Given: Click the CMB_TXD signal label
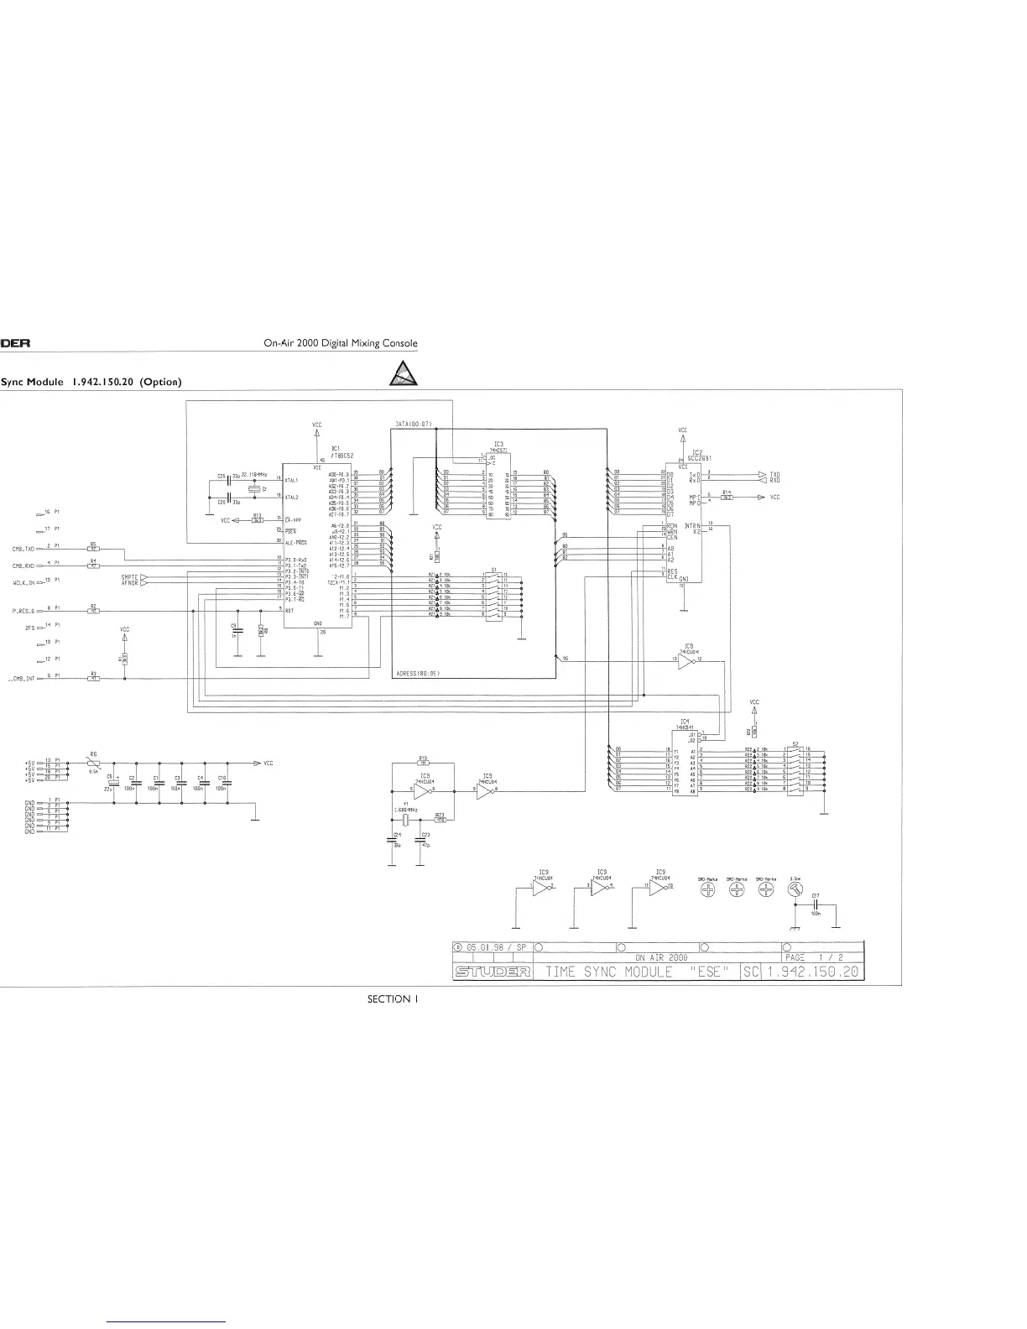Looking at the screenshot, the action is [x=23, y=549].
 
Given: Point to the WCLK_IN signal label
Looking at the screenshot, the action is [x=23, y=581].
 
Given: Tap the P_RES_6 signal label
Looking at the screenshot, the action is [x=23, y=611].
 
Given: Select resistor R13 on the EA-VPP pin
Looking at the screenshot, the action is [x=258, y=519].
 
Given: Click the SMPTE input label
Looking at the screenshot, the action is [x=129, y=576].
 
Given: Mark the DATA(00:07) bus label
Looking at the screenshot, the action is [x=413, y=425].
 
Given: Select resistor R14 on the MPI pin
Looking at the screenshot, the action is [x=727, y=498].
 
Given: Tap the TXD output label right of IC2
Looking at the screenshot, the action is [x=774, y=474].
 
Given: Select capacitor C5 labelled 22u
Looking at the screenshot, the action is [x=111, y=782].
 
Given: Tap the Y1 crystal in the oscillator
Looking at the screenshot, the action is [x=404, y=820].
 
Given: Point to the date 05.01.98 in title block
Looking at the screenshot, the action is [x=490, y=946].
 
